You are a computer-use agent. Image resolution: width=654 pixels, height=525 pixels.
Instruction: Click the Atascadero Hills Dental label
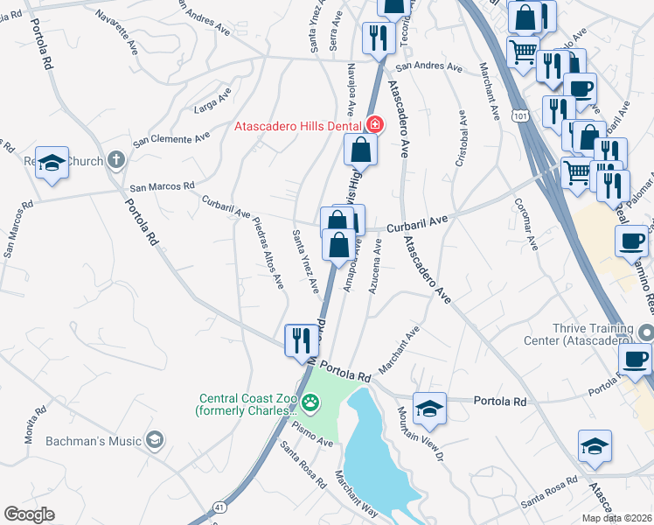298,125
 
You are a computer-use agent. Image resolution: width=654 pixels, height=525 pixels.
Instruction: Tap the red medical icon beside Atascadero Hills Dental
375,125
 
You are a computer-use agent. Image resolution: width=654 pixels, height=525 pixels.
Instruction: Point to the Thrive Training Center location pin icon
645,332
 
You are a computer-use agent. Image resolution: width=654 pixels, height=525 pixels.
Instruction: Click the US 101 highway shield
521,115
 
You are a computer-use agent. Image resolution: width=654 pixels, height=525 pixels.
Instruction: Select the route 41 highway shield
218,507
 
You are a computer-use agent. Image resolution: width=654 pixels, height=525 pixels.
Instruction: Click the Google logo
29,514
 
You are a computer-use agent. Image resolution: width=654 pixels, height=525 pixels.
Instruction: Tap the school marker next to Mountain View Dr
429,407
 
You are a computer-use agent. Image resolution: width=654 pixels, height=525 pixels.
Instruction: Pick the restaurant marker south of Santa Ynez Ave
301,339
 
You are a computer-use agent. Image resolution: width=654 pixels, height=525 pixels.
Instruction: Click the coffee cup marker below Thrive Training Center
635,359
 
